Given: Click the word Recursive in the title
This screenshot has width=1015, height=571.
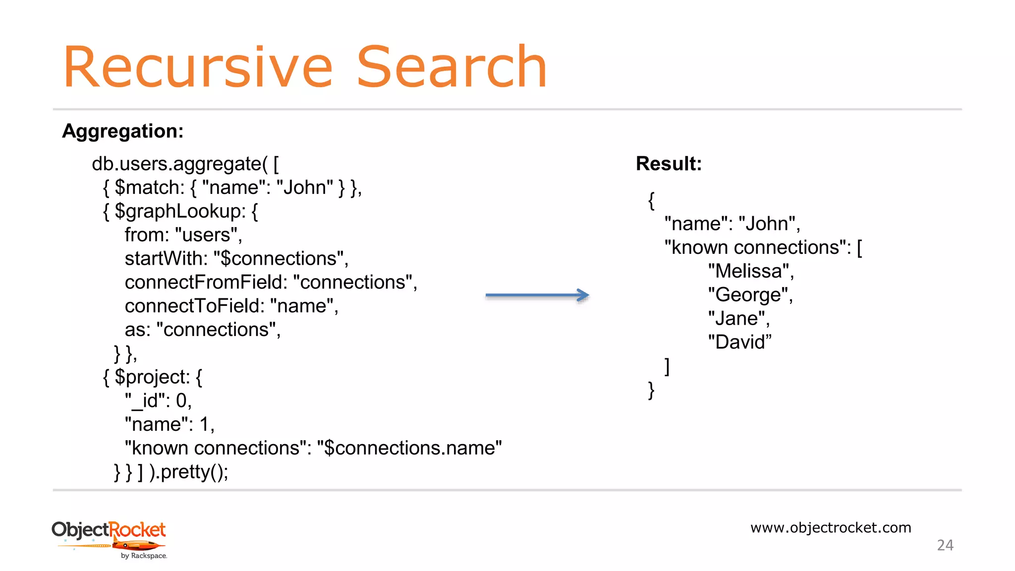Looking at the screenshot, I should tap(197, 68).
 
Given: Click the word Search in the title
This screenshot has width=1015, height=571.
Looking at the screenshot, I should tap(451, 68).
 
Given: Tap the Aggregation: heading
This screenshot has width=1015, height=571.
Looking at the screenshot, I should tap(122, 131).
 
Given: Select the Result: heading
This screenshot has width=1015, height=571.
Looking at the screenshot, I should tap(669, 164).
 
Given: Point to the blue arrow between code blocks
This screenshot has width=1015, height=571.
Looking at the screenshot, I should tap(537, 295).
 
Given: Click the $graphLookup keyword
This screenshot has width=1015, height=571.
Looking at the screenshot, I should tap(180, 212).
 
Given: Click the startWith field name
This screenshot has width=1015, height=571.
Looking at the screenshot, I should tap(166, 259).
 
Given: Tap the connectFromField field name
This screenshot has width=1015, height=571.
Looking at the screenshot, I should tap(206, 283).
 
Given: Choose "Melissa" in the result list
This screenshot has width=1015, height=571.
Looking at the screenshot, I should tap(750, 271).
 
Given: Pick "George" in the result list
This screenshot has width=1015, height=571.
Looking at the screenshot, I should tap(750, 295).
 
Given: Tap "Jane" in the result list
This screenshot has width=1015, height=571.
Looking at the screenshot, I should tap(738, 319).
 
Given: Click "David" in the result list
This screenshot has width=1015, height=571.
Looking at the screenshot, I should tap(739, 343).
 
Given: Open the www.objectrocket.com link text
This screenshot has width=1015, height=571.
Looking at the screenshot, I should tap(831, 527).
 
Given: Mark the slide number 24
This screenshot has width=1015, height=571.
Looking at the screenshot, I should tap(945, 545).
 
